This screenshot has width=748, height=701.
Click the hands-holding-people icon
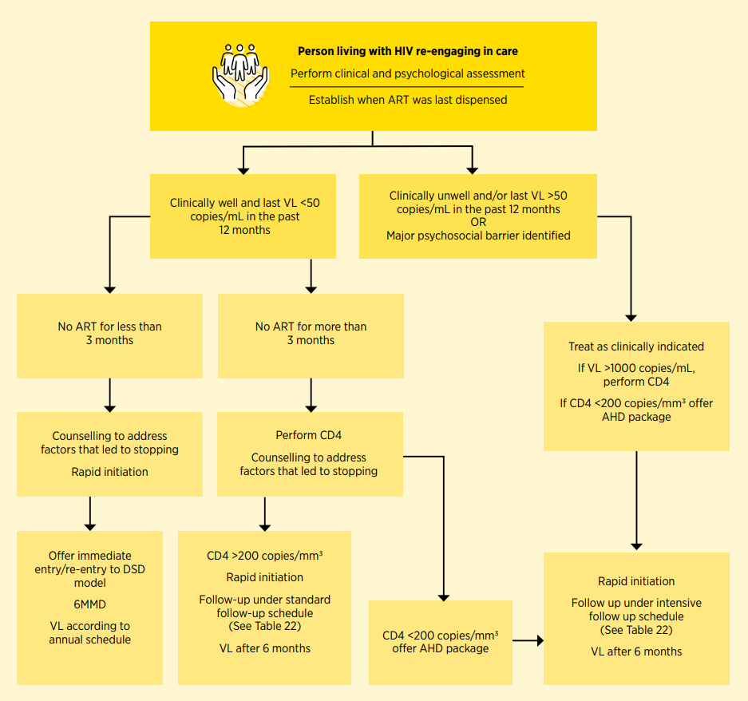(240, 74)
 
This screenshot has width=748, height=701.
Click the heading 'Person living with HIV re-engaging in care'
(408, 51)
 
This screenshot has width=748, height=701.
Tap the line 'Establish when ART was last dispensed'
(408, 100)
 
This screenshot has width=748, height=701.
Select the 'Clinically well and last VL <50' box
(243, 216)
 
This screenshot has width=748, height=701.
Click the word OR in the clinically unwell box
(478, 223)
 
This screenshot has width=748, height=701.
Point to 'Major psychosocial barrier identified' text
(478, 236)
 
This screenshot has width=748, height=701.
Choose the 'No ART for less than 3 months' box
(109, 336)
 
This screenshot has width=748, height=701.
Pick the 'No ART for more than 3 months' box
(311, 336)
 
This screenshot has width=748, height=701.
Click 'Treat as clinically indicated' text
(636, 347)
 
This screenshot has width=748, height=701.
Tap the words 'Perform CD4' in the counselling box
(309, 435)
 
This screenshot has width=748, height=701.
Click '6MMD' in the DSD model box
(89, 604)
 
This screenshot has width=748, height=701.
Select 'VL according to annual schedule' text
(89, 633)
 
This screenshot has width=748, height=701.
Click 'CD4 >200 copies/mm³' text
(265, 556)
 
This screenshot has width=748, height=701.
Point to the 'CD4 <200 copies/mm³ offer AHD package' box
(441, 642)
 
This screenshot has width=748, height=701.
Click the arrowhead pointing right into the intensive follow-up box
(540, 640)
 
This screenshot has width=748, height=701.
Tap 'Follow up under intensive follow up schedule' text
(636, 609)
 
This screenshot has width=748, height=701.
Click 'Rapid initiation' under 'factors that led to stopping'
(109, 472)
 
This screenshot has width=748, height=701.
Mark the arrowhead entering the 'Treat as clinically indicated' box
(631, 319)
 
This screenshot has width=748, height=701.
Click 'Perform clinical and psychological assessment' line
(408, 73)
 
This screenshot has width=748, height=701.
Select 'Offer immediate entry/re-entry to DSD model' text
(89, 569)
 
